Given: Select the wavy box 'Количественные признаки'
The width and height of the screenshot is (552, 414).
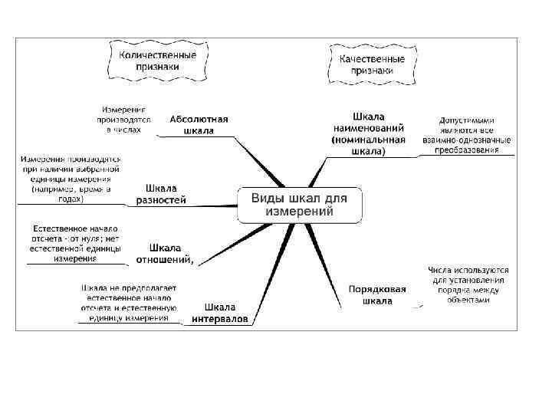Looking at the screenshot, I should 156,61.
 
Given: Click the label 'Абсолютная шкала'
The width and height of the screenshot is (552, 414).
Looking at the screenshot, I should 199,125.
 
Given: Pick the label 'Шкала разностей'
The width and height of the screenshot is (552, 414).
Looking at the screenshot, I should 161,194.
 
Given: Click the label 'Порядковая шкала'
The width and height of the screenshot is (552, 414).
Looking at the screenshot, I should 377,295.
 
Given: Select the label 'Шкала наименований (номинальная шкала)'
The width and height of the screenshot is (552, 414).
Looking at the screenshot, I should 369,134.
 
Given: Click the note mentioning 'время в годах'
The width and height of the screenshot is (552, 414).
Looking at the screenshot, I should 71,179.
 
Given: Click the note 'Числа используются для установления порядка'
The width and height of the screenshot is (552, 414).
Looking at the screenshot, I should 468,284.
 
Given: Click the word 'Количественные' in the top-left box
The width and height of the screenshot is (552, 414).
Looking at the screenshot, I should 156,55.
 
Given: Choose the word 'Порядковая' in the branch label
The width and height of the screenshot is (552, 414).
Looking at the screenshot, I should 377,289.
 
